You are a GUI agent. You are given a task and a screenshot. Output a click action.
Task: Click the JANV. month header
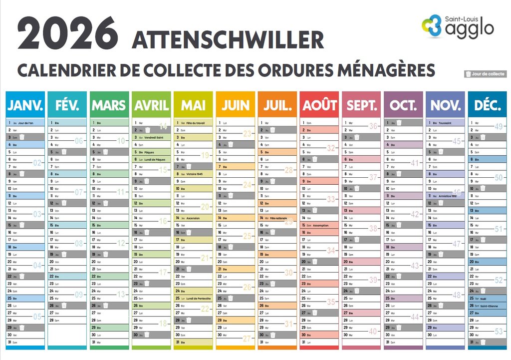coord(25,105)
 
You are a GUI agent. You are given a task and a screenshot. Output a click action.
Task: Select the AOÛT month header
coord(319,105)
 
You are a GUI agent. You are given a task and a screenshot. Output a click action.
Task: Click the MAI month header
coord(193,105)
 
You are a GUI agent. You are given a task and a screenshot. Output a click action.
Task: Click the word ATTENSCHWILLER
coord(228,40)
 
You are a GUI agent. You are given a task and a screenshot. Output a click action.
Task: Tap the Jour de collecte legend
coord(485,74)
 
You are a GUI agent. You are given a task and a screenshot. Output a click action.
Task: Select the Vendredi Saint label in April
coord(154,137)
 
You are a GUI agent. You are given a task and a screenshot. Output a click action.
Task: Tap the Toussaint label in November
coord(446,122)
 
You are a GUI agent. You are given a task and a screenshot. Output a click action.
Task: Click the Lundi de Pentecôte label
coord(199,299)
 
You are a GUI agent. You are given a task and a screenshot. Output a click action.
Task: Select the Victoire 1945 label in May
coord(196,174)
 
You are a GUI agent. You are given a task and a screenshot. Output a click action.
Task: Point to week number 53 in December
coord(499,332)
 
